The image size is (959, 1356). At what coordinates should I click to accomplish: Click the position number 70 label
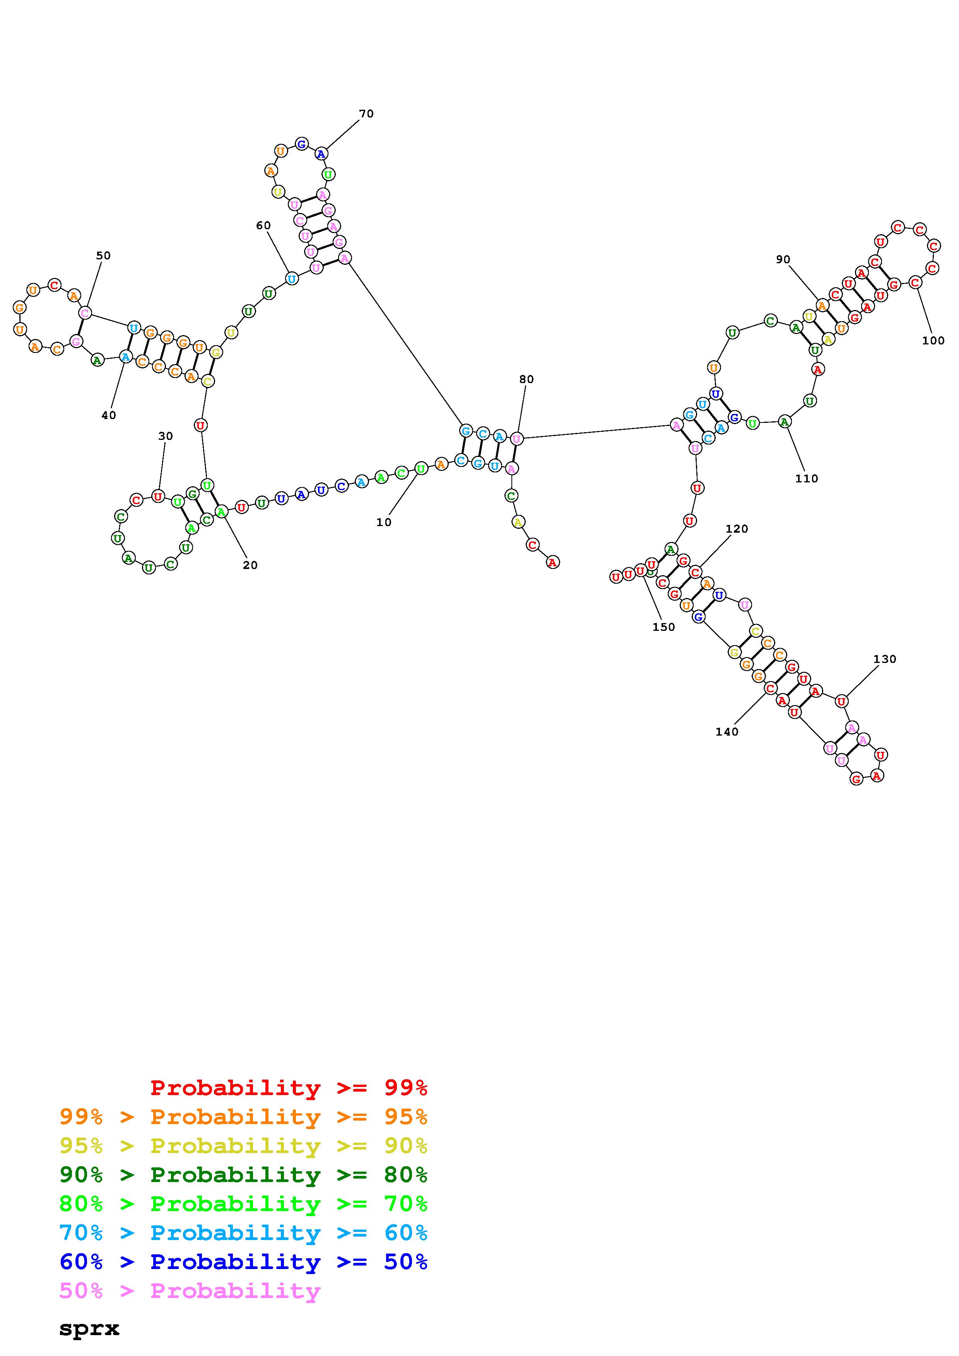(366, 113)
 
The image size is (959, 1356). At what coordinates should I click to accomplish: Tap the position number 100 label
(933, 340)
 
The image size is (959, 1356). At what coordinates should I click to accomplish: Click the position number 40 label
(109, 415)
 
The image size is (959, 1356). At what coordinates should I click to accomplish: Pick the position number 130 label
(885, 659)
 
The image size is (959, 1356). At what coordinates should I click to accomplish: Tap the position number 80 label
(527, 379)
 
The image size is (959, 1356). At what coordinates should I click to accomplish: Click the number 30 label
(166, 436)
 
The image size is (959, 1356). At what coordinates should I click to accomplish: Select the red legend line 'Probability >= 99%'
(289, 1087)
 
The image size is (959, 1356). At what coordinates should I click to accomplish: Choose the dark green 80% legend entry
(243, 1175)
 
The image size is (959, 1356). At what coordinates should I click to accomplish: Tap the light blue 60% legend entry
(243, 1233)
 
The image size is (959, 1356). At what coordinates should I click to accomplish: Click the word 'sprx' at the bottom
(89, 1329)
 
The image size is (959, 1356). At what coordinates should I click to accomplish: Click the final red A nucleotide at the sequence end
(552, 563)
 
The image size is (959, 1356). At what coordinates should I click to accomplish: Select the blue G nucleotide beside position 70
(301, 143)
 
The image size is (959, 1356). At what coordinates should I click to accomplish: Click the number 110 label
(807, 479)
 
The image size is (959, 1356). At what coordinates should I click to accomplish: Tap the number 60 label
(263, 226)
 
